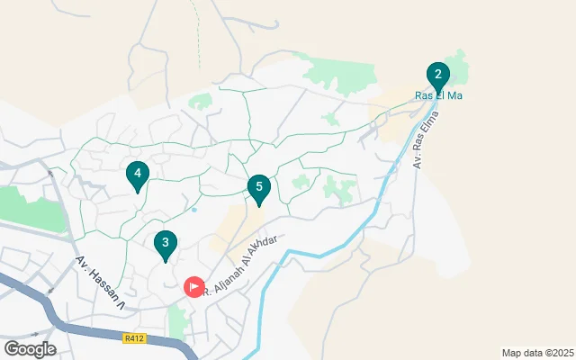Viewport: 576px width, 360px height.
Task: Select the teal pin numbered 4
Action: click(137, 174)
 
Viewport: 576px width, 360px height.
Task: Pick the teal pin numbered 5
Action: click(259, 188)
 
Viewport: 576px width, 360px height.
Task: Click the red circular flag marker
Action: click(194, 286)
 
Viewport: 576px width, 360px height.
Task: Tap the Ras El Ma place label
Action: click(438, 96)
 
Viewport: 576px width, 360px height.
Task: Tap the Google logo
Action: click(30, 349)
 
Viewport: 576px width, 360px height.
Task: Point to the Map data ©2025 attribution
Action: click(536, 353)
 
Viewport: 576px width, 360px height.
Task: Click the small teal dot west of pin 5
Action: click(193, 211)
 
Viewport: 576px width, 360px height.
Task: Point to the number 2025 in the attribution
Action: click(559, 353)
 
